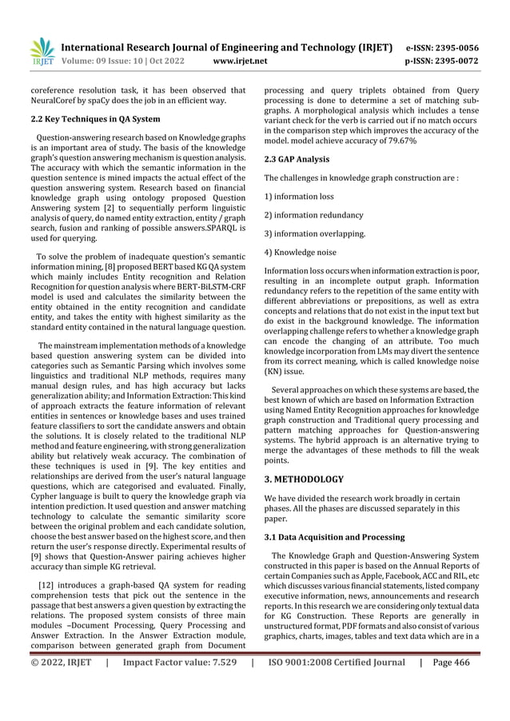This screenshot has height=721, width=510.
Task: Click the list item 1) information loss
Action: tap(299, 196)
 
